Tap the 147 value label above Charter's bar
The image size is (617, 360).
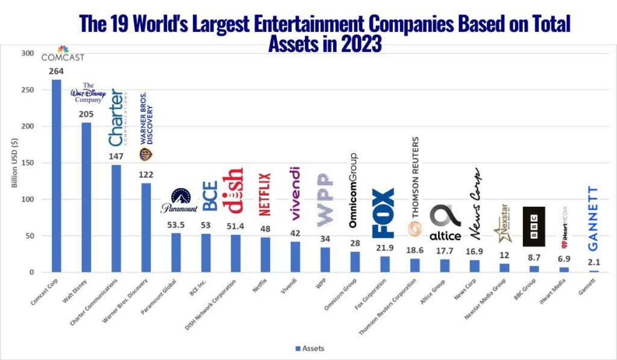coord(116,156)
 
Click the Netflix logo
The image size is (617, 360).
coord(265,195)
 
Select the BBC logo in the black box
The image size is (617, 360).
coord(533,227)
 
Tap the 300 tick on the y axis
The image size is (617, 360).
coord(28,54)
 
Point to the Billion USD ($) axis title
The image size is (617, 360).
coord(14,163)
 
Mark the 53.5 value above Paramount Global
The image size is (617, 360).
coord(175,225)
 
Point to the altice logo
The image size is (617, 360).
coord(445,223)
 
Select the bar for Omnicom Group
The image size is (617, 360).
coord(355,262)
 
